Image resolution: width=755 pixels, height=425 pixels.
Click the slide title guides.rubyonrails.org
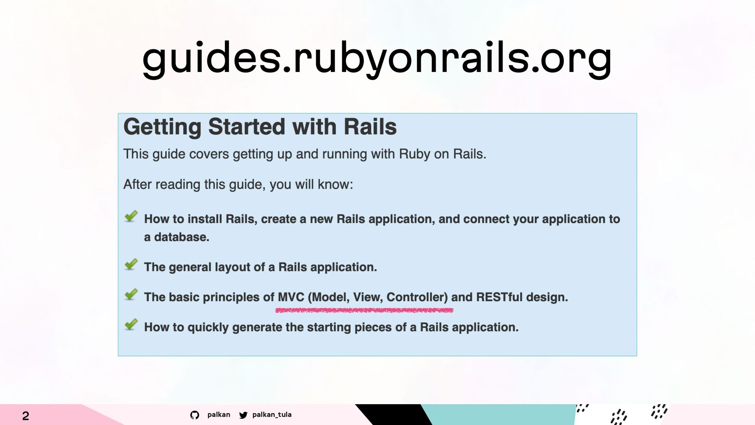point(377,59)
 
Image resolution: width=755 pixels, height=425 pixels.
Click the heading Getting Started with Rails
point(260,127)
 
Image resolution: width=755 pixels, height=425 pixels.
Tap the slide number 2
point(26,416)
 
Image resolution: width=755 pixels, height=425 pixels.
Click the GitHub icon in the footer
point(195,415)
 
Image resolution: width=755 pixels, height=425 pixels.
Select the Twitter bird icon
point(243,415)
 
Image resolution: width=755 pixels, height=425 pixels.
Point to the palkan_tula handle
point(272,415)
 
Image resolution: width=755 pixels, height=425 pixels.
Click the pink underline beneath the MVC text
point(364,310)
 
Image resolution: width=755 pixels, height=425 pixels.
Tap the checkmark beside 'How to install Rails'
point(131,216)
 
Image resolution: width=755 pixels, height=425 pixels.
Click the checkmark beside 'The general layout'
point(131,264)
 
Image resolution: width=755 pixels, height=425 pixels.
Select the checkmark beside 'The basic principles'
point(131,294)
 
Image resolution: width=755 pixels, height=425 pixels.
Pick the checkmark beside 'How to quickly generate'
point(131,324)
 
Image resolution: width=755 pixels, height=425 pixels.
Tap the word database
point(182,237)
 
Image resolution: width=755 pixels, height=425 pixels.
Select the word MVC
point(291,297)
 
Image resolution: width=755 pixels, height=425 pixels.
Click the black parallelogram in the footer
point(394,415)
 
